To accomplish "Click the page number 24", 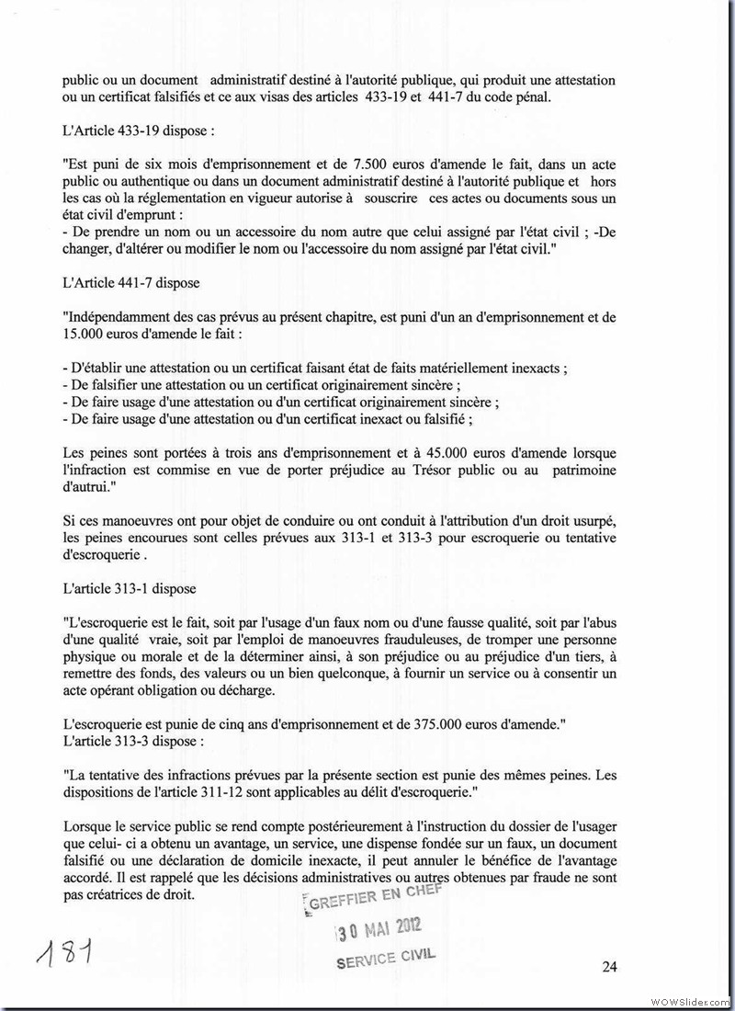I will pyautogui.click(x=609, y=966).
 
